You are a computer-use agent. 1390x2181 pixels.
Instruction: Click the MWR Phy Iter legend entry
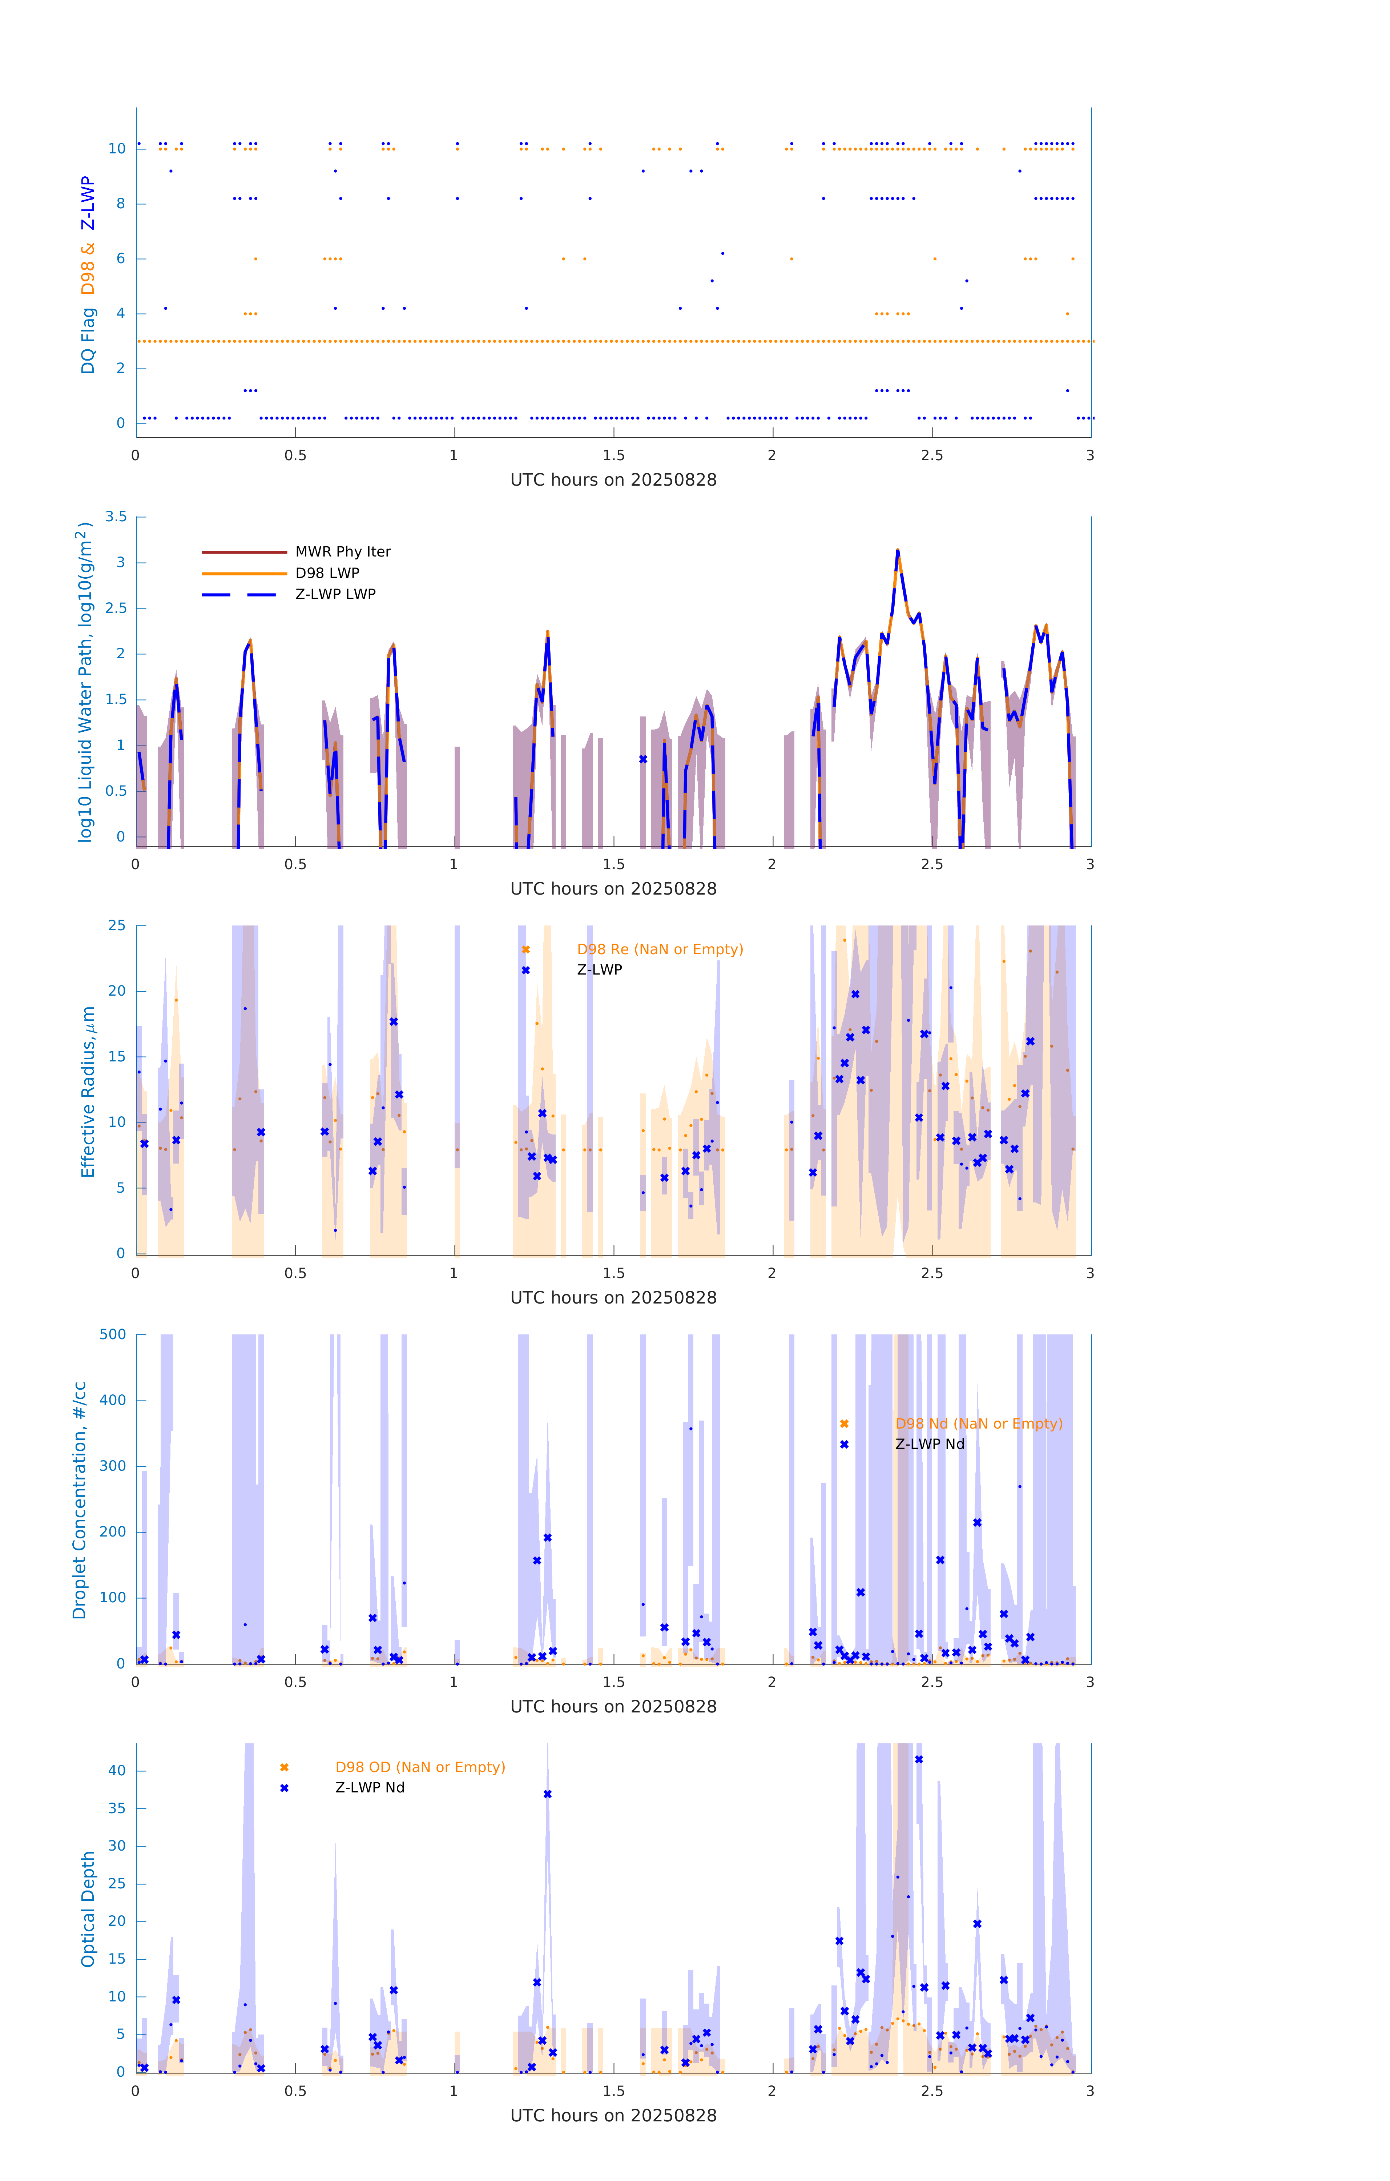342,551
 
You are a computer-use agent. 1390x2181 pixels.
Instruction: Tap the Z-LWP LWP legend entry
335,594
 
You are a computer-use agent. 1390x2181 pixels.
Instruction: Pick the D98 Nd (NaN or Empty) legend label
978,1424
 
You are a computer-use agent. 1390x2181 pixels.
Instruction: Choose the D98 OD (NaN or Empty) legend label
420,1767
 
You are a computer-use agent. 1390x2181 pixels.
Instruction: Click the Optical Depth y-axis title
88,1908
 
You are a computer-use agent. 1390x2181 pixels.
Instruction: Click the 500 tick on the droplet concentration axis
113,1334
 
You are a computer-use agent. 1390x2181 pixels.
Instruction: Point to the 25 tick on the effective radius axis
117,926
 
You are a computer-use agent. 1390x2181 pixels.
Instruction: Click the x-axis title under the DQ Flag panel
613,480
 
